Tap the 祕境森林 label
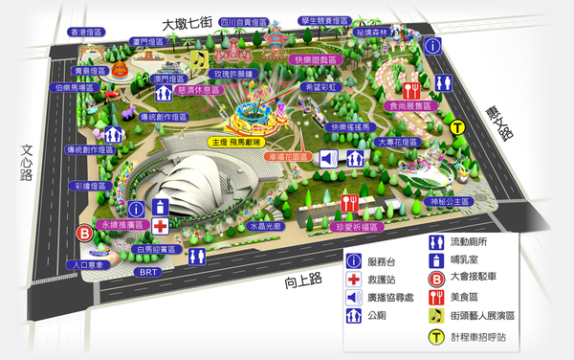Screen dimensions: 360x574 (373, 32)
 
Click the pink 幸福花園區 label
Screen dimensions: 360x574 (288, 155)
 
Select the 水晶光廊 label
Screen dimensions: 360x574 (264, 227)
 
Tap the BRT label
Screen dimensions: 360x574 (148, 272)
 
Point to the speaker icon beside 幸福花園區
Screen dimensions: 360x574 (327, 158)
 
